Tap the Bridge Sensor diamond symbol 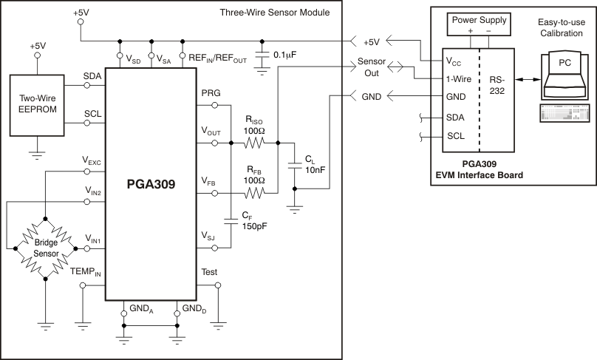point(45,247)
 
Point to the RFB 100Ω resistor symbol point(254,194)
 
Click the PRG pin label point(211,92)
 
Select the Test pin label point(209,272)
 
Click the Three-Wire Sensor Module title point(275,13)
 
